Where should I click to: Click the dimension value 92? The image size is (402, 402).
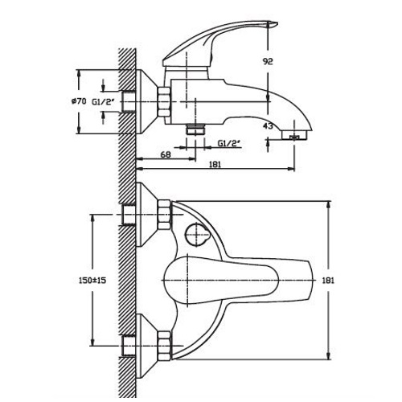(x=268, y=61)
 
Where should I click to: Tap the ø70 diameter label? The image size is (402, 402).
(x=79, y=101)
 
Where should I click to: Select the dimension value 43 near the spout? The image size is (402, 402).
(x=268, y=125)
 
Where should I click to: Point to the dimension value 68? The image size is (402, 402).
(x=166, y=154)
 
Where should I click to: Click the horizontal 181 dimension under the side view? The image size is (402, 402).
(x=215, y=165)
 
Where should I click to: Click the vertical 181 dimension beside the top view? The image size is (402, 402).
(x=328, y=281)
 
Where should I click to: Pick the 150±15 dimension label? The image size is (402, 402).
(x=92, y=281)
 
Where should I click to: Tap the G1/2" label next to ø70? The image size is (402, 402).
(x=104, y=102)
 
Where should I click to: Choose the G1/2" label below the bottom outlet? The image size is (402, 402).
(x=228, y=144)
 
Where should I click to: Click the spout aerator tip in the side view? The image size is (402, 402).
(x=295, y=136)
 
